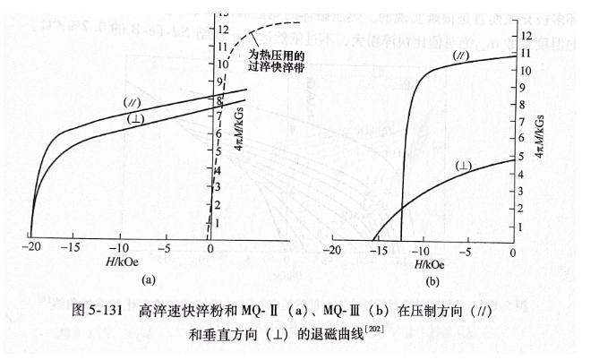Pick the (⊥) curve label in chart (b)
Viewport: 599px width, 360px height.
(x=465, y=167)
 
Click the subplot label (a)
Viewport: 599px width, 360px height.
(x=149, y=279)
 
